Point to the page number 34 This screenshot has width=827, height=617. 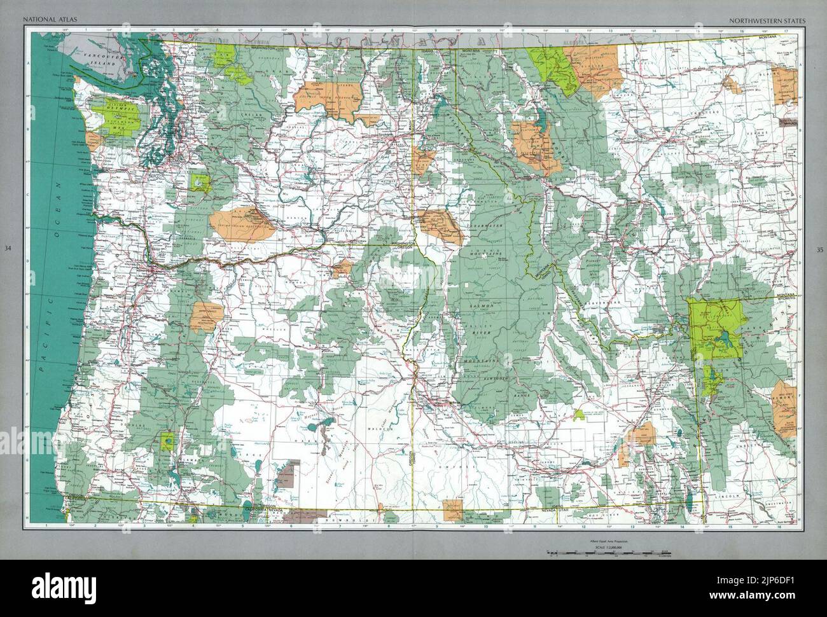click(x=8, y=249)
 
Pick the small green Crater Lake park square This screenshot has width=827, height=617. click(x=169, y=440)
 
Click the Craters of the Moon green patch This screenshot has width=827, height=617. click(x=579, y=415)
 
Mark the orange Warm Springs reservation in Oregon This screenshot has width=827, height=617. click(x=207, y=316)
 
